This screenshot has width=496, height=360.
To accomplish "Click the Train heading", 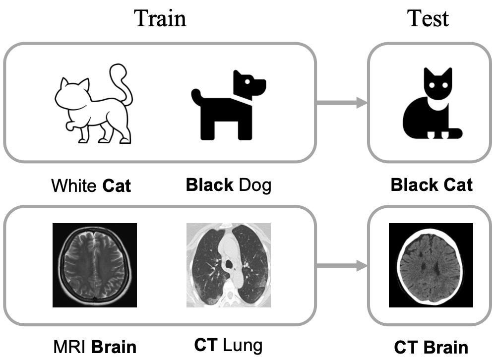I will click(x=160, y=18).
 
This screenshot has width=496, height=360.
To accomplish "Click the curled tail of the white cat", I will click(x=122, y=82).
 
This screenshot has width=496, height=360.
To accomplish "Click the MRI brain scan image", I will click(x=95, y=265).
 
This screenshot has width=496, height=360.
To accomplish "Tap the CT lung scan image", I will click(x=229, y=265).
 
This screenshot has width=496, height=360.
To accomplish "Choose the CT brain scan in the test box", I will click(x=431, y=265).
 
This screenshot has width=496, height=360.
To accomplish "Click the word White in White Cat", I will click(x=74, y=186).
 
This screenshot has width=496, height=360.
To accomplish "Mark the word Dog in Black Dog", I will click(x=255, y=186).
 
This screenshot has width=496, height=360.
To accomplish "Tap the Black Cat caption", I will click(x=431, y=185).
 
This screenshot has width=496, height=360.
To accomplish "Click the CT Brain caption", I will click(x=431, y=347).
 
